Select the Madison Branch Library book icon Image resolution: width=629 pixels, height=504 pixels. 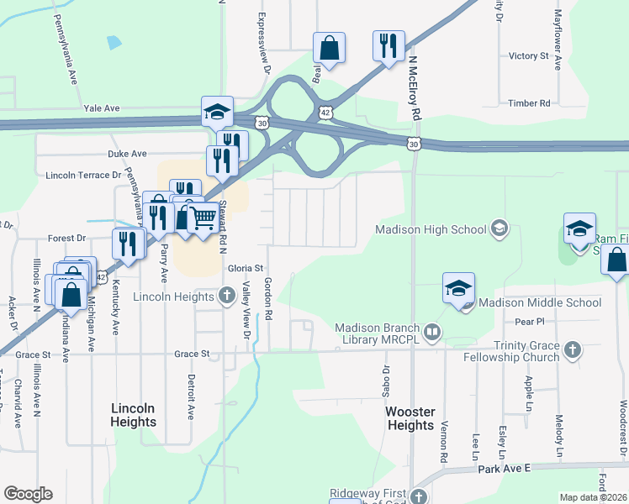432,333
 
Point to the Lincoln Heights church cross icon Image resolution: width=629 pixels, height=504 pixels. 227,296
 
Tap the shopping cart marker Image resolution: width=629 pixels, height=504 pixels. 203,219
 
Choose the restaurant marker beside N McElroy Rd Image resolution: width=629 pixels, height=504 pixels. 388,45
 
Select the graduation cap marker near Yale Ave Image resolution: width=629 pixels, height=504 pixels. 216,111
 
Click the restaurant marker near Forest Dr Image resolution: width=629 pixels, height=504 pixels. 128,244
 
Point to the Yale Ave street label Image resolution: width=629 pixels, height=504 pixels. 102,108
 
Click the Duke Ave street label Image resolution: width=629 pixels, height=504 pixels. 127,155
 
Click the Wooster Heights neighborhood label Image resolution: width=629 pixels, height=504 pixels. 410,418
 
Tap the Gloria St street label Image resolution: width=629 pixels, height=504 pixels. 246,268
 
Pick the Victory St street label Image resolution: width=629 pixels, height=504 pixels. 529,56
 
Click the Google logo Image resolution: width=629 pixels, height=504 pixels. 28,494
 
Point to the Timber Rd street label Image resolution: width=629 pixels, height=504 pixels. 529,103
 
